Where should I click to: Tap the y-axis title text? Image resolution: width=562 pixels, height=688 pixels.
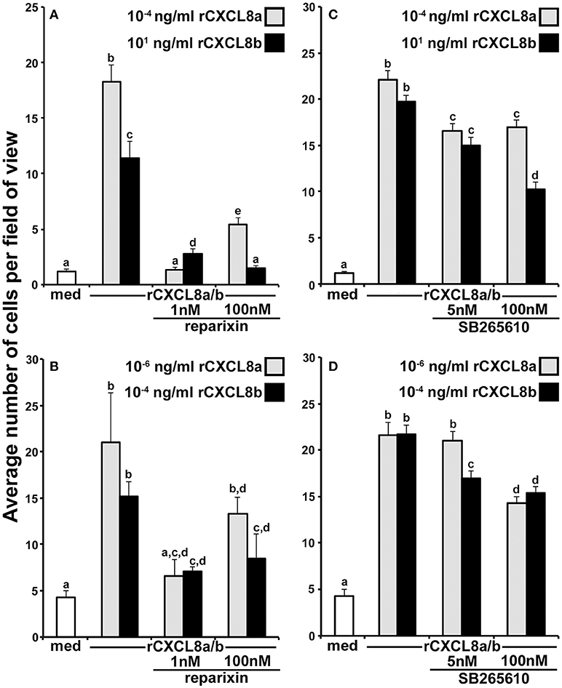pyautogui.click(x=12, y=342)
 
